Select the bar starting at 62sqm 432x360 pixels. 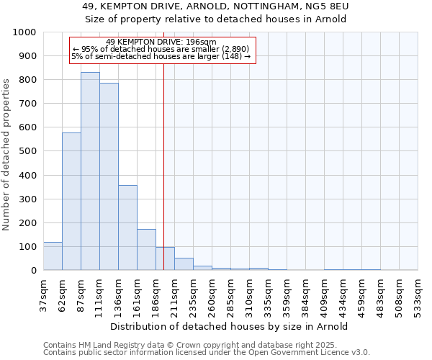[71, 202]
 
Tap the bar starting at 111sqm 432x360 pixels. [109, 176]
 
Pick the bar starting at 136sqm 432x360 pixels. [127, 228]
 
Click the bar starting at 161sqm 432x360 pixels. [146, 250]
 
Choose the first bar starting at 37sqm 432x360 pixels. [53, 256]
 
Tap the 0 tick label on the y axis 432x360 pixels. [33, 271]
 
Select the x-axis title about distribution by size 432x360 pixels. [230, 326]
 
